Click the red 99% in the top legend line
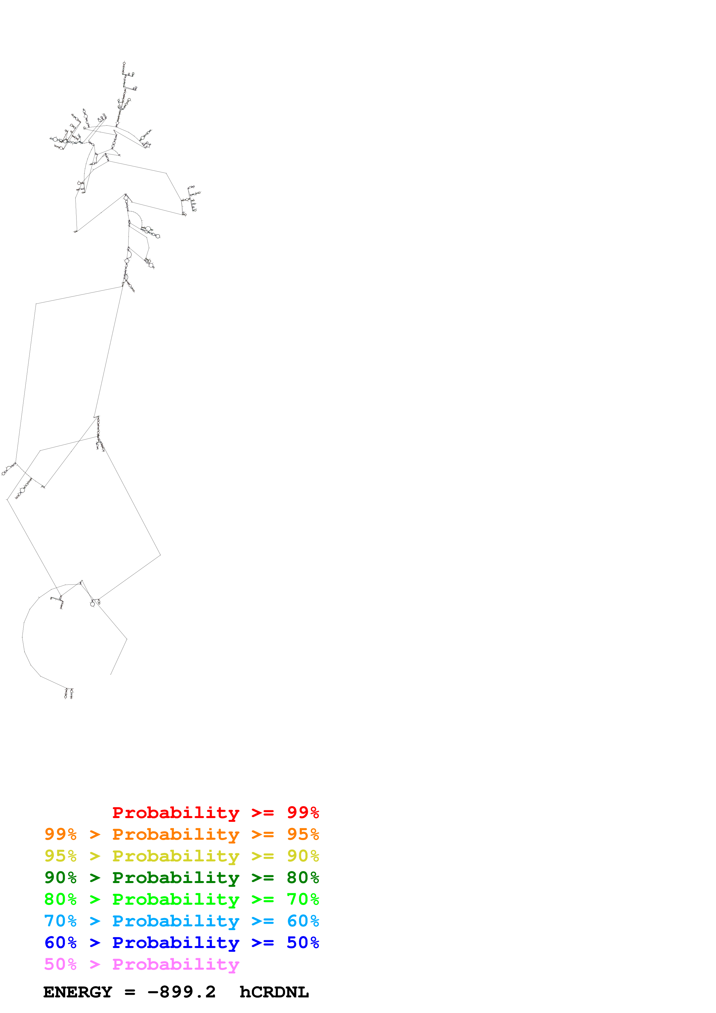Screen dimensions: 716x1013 pos(303,813)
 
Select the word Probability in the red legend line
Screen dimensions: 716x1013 pos(176,813)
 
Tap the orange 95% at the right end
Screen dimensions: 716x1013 pos(303,834)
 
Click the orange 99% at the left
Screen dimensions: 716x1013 pos(60,834)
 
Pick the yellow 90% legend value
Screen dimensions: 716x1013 pos(303,856)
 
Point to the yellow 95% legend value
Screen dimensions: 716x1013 pos(60,856)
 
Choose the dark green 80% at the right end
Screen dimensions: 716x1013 pos(303,878)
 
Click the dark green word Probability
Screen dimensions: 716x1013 pos(176,878)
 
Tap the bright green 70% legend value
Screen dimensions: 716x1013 pos(303,899)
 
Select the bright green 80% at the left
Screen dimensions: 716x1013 pos(60,899)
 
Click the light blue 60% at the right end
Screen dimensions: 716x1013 pos(303,921)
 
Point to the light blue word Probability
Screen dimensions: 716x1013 pos(176,921)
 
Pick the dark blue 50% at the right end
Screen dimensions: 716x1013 pos(303,943)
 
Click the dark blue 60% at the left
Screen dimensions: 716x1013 pos(60,943)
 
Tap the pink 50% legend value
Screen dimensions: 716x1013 pos(60,964)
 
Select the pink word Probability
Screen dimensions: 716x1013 pos(176,964)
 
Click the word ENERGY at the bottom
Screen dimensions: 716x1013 pos(78,992)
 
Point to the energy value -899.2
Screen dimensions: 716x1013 pos(181,992)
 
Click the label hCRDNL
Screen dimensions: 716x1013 pos(274,992)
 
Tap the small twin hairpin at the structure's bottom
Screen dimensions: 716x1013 pos(69,694)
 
